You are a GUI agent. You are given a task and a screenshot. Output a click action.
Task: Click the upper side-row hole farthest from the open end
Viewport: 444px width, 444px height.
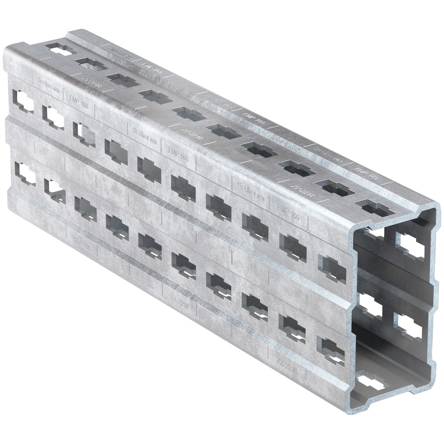24,100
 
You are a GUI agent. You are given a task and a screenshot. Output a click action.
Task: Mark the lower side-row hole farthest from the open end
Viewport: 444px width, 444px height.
24,174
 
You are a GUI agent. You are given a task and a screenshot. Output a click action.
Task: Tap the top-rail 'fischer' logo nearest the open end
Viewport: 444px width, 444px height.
327,151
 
